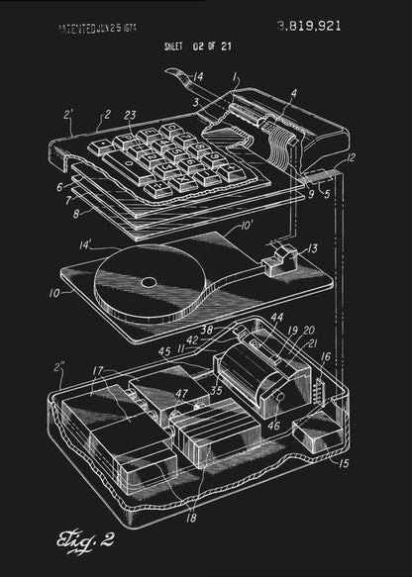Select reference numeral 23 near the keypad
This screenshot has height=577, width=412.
(x=131, y=116)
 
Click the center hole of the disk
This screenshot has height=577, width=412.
(x=148, y=282)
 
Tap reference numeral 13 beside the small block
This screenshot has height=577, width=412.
(x=312, y=248)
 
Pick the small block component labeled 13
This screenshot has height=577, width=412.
(x=279, y=258)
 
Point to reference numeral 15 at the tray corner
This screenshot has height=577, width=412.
(x=345, y=461)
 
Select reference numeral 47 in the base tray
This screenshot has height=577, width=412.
(x=181, y=394)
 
